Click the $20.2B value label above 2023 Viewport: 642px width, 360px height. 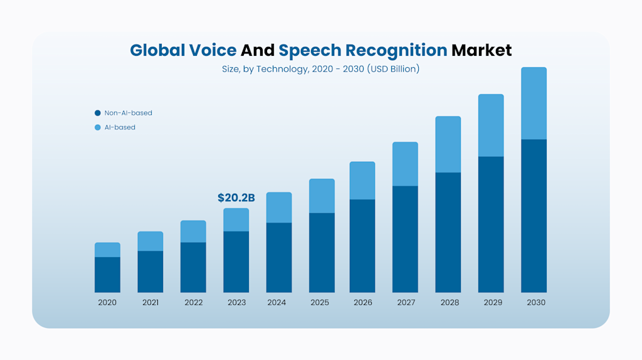pos(236,198)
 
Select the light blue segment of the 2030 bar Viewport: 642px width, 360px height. pos(534,103)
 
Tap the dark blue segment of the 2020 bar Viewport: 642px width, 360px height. pos(107,275)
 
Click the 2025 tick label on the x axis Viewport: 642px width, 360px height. pos(319,302)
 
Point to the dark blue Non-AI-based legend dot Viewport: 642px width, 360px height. pos(97,113)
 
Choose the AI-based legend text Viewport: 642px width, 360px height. pos(120,127)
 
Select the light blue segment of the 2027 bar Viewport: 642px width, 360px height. pos(405,164)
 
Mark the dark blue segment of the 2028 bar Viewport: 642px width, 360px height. pos(448,232)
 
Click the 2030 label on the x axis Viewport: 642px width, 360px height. pos(536,302)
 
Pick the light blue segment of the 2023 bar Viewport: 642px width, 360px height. pos(236,220)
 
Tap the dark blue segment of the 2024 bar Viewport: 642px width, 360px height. pos(279,257)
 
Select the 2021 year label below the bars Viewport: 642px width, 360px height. pos(150,302)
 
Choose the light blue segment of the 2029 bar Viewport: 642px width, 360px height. pos(491,125)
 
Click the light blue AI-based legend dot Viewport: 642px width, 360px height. pos(97,127)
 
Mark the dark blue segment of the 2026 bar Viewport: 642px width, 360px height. pos(362,246)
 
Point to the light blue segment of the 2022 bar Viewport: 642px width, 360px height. pos(193,231)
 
